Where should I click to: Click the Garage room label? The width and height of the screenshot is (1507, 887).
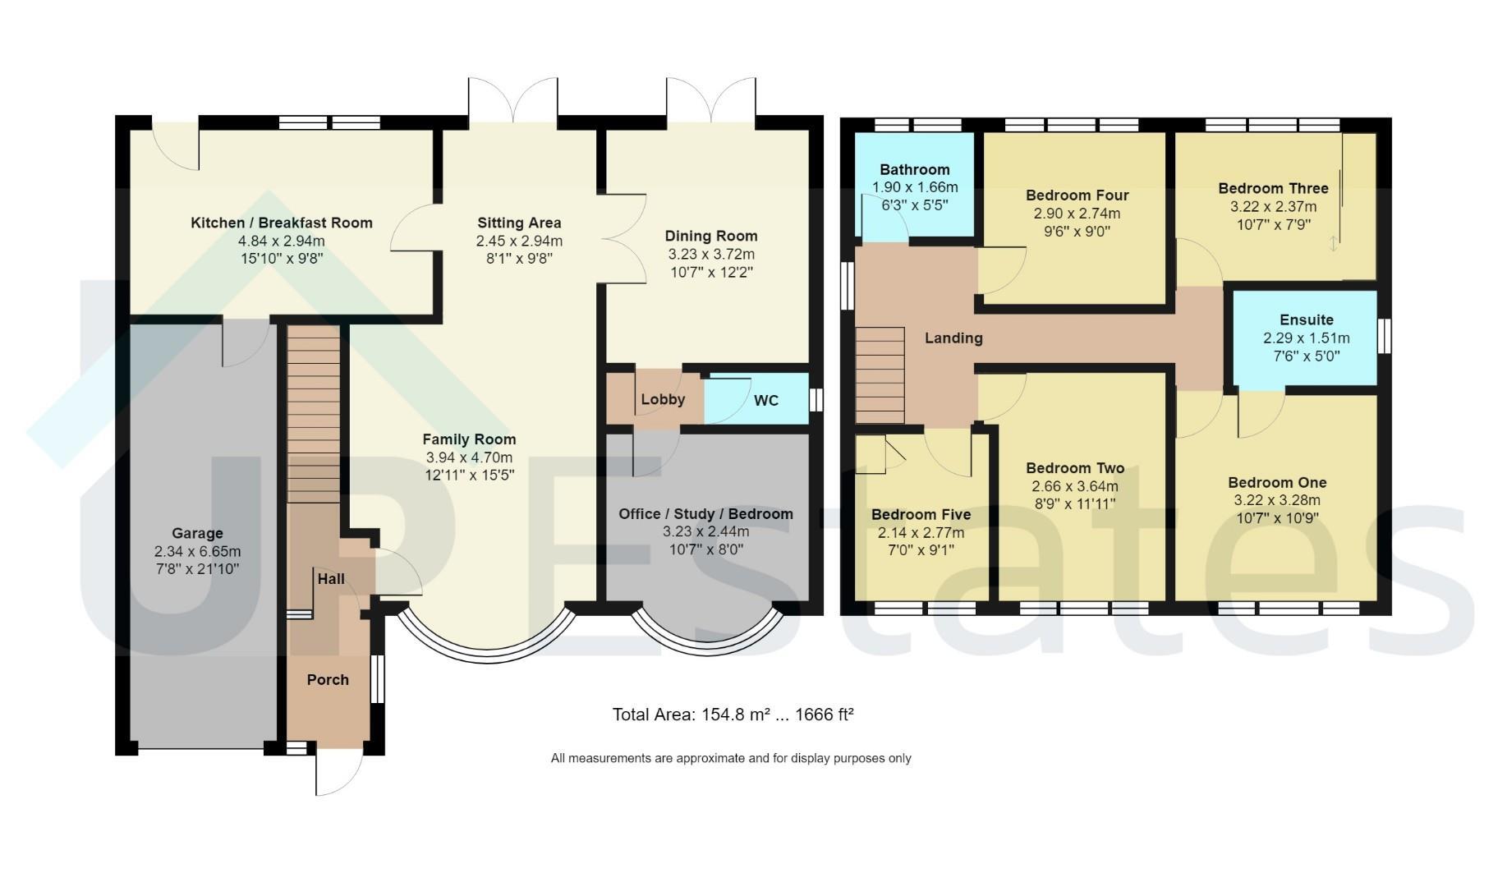[x=197, y=534]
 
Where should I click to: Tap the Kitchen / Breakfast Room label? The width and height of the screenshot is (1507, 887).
[x=282, y=223]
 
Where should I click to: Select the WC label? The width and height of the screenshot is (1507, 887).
[x=766, y=401]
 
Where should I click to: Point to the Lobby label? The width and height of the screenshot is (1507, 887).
[x=663, y=400]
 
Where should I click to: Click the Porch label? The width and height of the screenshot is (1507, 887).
[x=328, y=680]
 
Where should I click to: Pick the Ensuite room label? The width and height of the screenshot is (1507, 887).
[x=1307, y=320]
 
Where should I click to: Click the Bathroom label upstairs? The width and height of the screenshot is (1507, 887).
[x=915, y=170]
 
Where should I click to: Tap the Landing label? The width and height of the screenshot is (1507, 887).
[x=953, y=338]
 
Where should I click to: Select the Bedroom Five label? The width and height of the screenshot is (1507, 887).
[x=921, y=515]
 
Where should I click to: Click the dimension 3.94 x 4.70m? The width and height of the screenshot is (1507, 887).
[x=469, y=457]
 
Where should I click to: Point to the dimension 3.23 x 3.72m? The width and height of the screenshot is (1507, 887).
[x=711, y=255]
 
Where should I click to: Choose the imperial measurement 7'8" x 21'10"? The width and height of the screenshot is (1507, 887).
[x=197, y=569]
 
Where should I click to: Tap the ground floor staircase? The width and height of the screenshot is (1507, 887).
[x=314, y=414]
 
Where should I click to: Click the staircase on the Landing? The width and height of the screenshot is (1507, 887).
[x=880, y=375]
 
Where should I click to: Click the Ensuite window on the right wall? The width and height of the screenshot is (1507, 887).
[x=1385, y=336]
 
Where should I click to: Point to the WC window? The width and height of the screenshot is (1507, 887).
[x=816, y=400]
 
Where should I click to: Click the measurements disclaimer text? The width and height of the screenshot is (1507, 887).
[x=731, y=759]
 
